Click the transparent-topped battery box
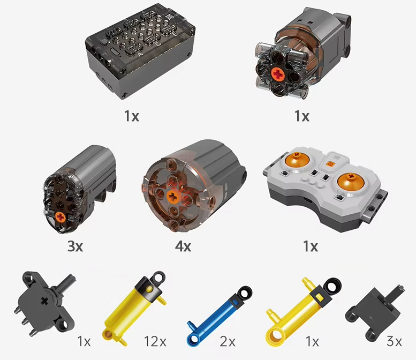140,50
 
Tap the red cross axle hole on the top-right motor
277,74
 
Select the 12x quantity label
155,341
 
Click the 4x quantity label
183,246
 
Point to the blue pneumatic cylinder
219,317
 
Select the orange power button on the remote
330,164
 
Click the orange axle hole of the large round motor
173,197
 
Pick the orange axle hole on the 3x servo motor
60,217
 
